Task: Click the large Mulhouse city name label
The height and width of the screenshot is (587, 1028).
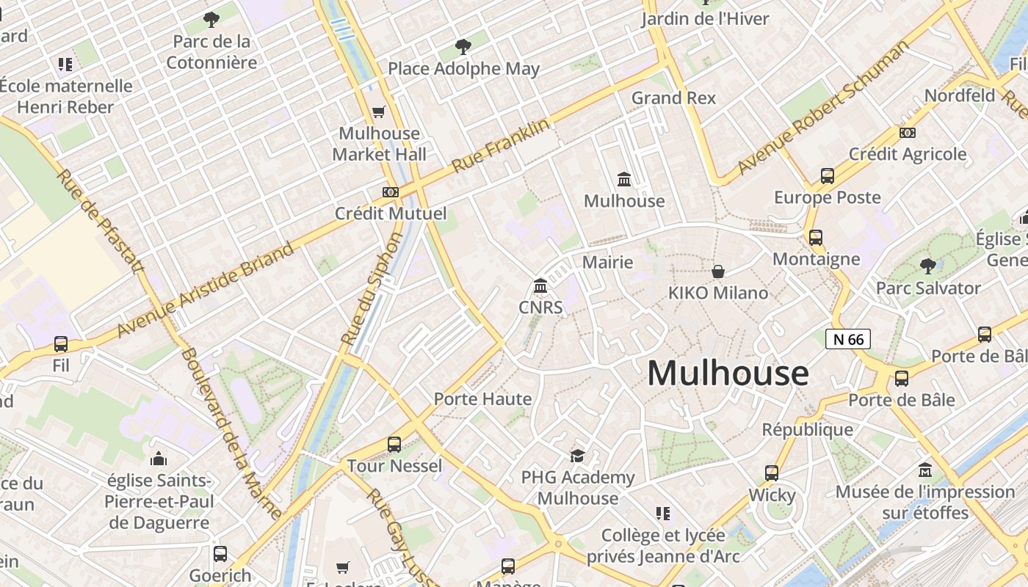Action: [728, 373]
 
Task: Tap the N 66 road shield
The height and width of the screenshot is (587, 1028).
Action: [848, 339]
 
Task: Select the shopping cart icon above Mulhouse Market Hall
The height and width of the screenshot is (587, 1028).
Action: [379, 112]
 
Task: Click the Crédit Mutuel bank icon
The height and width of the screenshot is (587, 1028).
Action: [391, 192]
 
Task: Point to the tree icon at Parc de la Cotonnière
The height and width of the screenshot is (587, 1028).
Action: [211, 20]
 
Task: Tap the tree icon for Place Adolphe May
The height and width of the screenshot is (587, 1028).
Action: [463, 48]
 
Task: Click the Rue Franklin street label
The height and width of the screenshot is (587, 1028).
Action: [500, 146]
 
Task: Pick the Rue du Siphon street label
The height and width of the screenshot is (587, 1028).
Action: [373, 289]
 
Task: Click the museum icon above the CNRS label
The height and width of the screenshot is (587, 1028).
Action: [540, 285]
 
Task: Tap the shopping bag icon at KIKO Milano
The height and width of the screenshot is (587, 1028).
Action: [718, 271]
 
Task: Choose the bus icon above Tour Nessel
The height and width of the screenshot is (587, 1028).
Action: [394, 444]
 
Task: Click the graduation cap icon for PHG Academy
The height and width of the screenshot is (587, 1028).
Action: [578, 456]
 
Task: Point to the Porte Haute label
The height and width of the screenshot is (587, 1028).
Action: [482, 399]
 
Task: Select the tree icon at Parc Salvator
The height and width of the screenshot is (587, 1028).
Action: [928, 266]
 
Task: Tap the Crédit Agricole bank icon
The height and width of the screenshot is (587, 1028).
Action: [908, 133]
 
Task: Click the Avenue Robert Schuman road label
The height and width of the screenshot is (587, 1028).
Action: [822, 109]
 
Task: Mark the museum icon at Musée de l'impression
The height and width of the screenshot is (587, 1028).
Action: [925, 470]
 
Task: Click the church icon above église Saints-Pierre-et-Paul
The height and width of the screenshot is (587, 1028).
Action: [159, 459]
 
